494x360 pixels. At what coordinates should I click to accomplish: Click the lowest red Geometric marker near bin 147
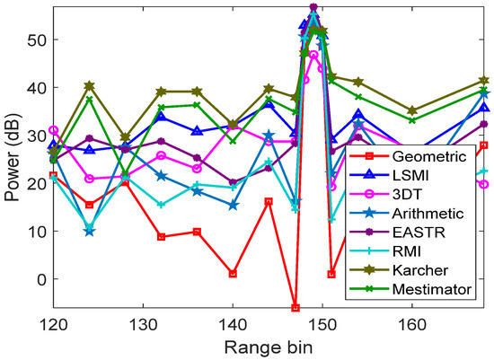click(296, 308)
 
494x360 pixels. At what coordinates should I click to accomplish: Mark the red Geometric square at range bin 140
click(233, 274)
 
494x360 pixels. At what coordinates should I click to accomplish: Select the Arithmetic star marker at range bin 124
click(89, 232)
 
